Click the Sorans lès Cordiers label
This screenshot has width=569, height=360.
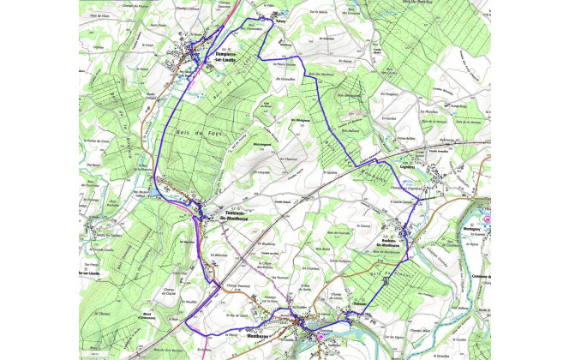(97, 236)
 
